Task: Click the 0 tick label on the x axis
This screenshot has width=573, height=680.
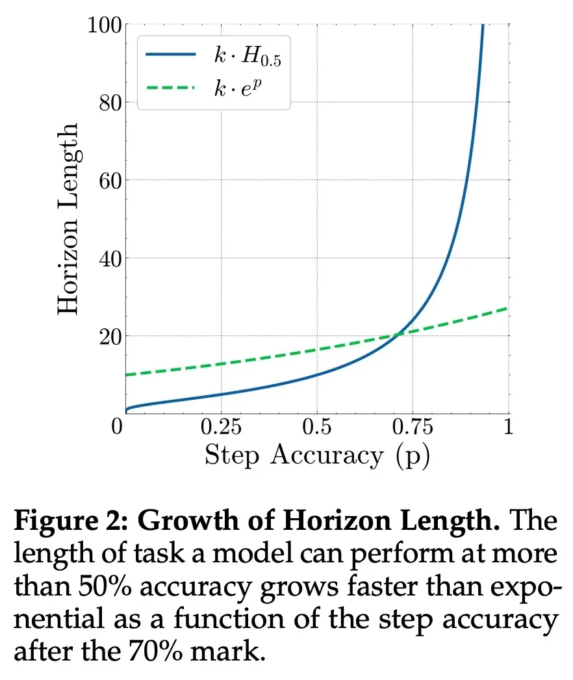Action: click(x=118, y=428)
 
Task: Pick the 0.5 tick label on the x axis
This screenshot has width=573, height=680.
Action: click(x=316, y=428)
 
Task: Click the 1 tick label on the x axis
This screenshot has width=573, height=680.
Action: click(x=509, y=428)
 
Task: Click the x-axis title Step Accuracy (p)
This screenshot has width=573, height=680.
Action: click(x=317, y=456)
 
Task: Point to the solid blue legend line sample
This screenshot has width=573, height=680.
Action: click(x=170, y=55)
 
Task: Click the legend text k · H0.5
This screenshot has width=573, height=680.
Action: click(x=248, y=57)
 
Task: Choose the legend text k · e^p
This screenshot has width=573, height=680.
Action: click(x=242, y=88)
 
